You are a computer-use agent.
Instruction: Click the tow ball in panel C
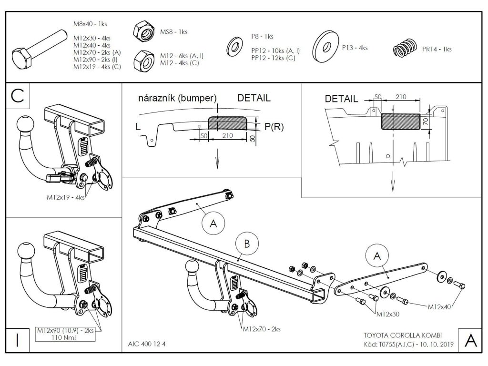26,126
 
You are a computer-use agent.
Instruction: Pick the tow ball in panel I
26,251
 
